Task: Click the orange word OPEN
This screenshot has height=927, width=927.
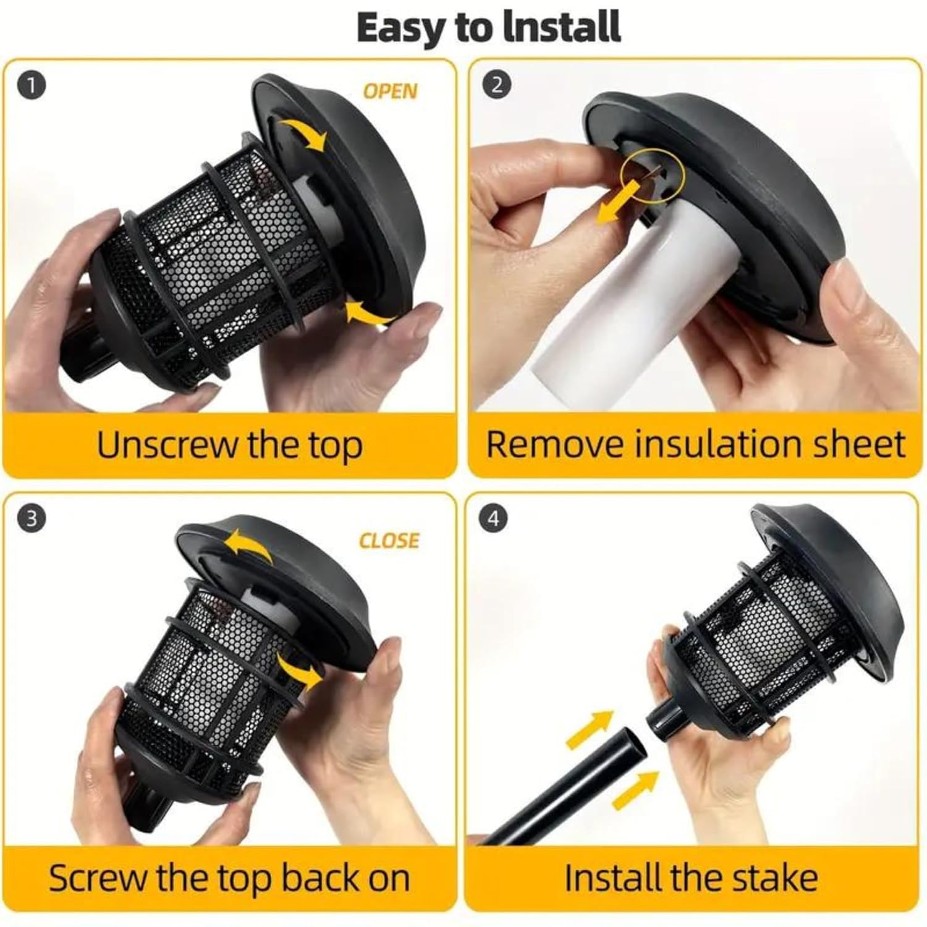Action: (x=390, y=91)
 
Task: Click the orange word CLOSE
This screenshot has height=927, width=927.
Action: (x=389, y=541)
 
